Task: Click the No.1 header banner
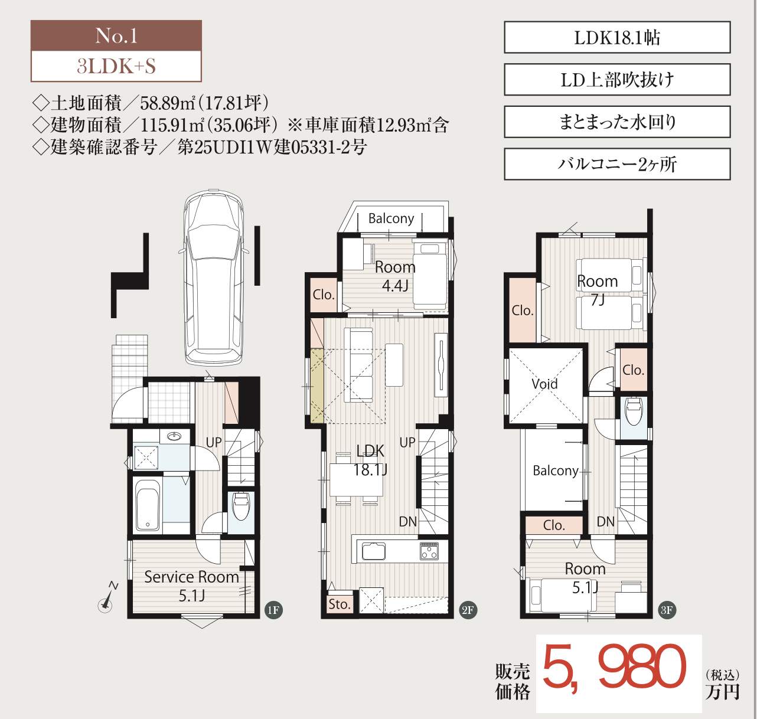[116, 35]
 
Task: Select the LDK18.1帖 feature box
[617, 37]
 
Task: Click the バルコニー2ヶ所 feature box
[617, 164]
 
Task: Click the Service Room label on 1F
[191, 577]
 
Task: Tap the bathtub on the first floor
[148, 505]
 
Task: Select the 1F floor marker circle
[273, 610]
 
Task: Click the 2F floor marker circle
[468, 610]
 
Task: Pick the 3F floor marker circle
[667, 610]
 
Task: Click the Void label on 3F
[544, 384]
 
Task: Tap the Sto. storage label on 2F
[339, 604]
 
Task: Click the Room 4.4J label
[395, 276]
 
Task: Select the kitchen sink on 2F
[371, 551]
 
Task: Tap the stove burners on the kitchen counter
[429, 551]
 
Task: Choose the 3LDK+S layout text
[116, 66]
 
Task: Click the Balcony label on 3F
[555, 470]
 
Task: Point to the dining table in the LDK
[356, 479]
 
